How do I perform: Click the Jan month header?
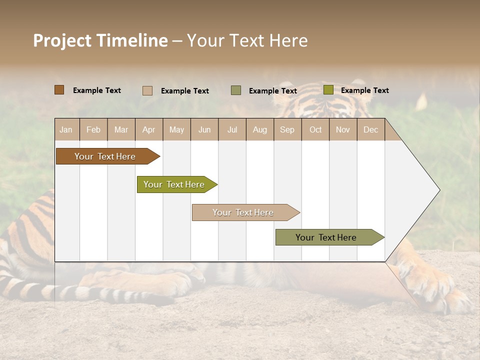click(66, 129)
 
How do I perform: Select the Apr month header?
click(148, 129)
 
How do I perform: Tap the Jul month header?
click(232, 129)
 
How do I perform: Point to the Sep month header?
click(287, 129)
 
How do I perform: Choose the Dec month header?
click(370, 129)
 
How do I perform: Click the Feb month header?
click(93, 129)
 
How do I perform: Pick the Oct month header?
click(315, 129)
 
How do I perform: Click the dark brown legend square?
click(59, 90)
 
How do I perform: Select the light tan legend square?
click(147, 90)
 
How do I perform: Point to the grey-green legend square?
click(235, 90)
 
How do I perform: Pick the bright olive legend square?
click(328, 90)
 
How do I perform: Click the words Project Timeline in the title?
click(100, 40)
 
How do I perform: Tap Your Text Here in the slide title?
click(247, 40)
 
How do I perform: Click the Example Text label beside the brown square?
click(97, 90)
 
